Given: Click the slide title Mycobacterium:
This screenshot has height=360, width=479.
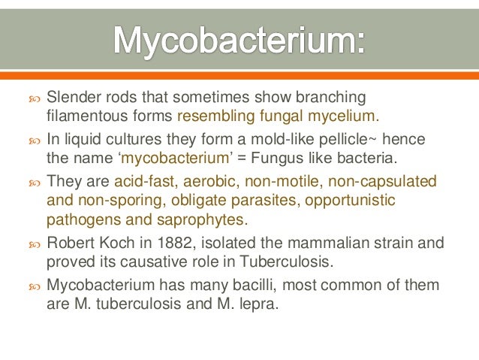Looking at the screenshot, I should click(239, 38).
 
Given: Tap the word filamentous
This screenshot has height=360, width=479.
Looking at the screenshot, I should click(83, 116).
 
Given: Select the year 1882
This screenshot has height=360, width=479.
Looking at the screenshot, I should click(166, 244).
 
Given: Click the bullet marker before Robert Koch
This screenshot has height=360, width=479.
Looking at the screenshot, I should click(34, 244).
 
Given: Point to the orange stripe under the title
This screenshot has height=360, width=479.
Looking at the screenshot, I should click(239, 75).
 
